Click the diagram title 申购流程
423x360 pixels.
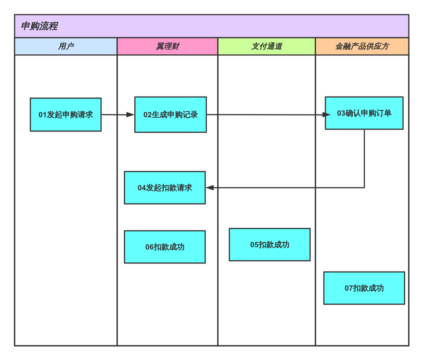(39, 26)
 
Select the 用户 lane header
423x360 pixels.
(66, 47)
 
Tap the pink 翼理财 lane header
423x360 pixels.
(168, 47)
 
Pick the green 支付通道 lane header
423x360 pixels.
(267, 47)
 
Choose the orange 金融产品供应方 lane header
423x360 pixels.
(362, 47)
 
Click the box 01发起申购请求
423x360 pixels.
(66, 115)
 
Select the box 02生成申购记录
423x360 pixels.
(171, 115)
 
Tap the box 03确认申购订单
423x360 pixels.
(364, 113)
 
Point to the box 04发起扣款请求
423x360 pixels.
(165, 188)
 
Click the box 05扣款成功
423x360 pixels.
(270, 245)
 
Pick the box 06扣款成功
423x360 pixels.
(165, 247)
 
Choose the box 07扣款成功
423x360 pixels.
(364, 288)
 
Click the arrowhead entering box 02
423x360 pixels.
(131, 115)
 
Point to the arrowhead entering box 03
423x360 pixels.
(327, 115)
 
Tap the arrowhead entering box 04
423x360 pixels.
(210, 188)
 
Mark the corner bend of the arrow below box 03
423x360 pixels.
(364, 188)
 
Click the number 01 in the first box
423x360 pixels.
(42, 115)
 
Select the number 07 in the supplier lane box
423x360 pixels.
(348, 288)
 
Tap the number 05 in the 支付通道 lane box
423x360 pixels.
(254, 245)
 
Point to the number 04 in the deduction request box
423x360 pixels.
(142, 188)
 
